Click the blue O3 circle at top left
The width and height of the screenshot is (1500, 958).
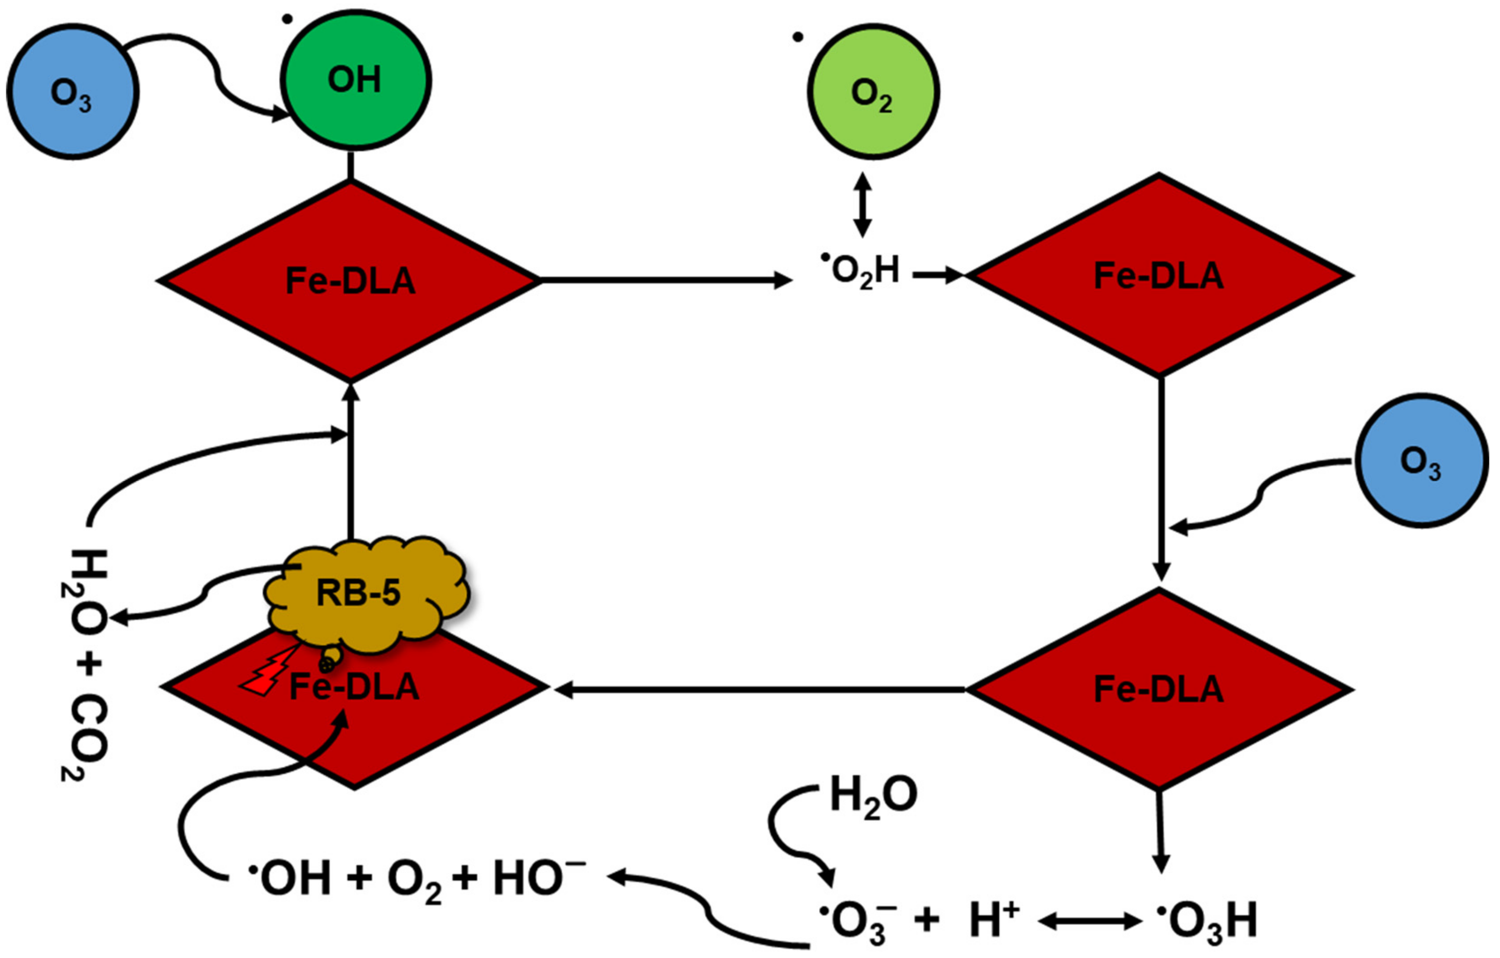(72, 92)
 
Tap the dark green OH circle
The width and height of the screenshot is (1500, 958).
(355, 80)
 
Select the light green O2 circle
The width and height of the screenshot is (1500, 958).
(873, 92)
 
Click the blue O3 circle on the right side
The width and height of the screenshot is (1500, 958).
(1422, 461)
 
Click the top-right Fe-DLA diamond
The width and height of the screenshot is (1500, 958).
(1159, 275)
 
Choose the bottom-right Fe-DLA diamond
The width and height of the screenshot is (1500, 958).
(1159, 689)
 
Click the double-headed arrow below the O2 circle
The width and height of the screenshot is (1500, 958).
(862, 204)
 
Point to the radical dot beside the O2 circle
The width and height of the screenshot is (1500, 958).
(798, 37)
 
